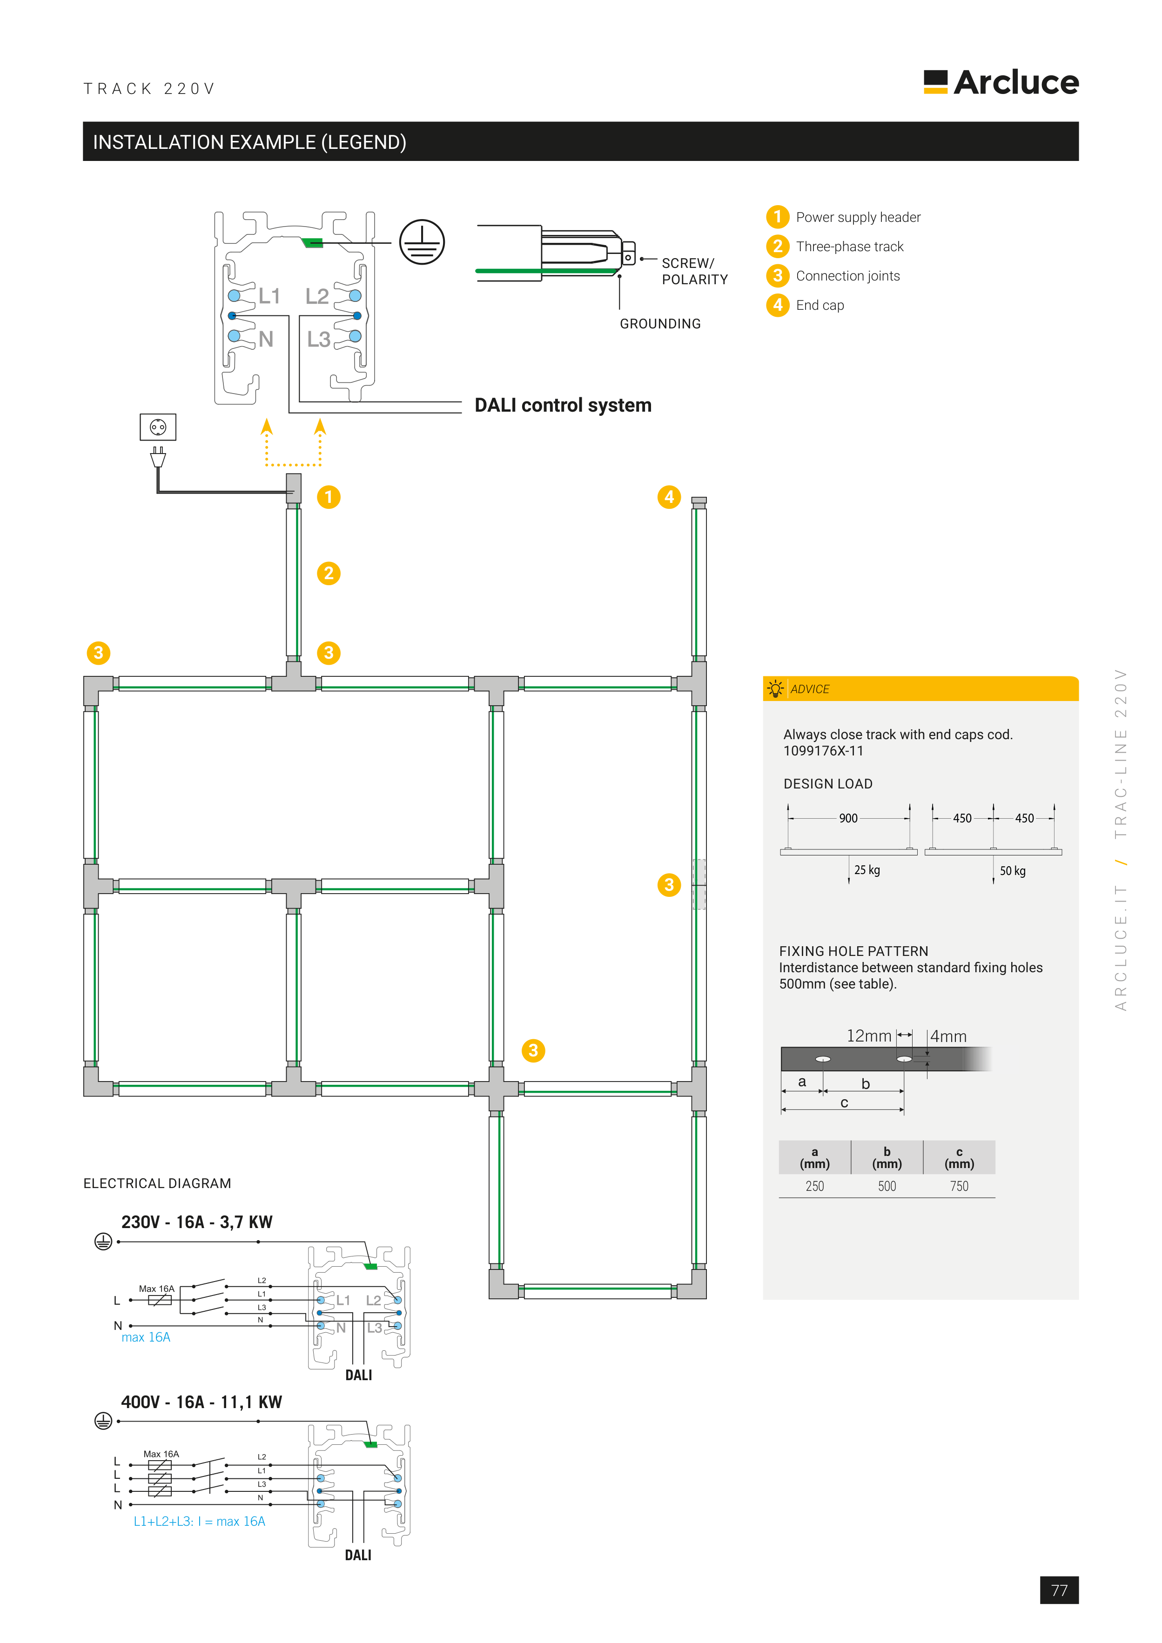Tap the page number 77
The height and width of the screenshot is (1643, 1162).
[1059, 1590]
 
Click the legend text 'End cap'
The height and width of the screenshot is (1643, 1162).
[820, 306]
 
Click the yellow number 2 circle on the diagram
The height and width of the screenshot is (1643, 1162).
[329, 573]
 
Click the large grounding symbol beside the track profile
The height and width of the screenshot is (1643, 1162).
[422, 242]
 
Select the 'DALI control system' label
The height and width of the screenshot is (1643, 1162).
[563, 405]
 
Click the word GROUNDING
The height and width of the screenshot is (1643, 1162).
[660, 324]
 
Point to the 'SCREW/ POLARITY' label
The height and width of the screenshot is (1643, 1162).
[694, 271]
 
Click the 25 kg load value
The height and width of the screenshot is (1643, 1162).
[867, 870]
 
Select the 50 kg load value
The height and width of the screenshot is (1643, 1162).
[1012, 871]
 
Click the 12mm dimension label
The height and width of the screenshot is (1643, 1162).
[868, 1035]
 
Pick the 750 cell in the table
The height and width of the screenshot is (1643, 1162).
[959, 1187]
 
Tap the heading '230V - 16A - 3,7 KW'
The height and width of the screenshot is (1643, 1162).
[197, 1222]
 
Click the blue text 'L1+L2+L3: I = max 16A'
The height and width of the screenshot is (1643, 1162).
[199, 1521]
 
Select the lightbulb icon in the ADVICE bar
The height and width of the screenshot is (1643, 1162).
[775, 689]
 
